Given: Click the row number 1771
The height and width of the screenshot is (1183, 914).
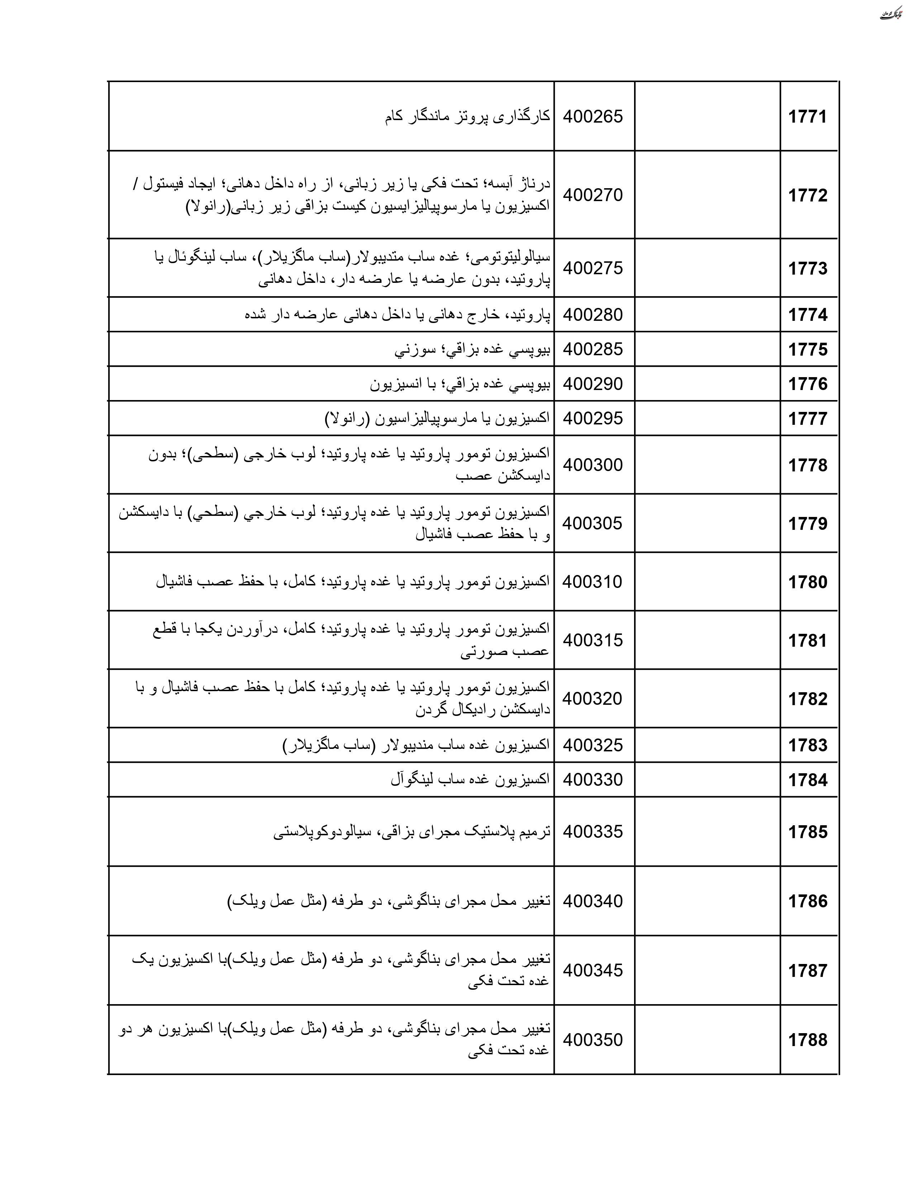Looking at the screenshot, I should coord(807,117).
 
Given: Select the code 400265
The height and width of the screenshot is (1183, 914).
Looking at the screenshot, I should coord(593,117).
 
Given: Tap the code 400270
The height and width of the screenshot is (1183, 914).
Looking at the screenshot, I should coord(593,195).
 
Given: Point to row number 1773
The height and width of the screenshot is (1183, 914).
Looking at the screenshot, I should coord(807,269).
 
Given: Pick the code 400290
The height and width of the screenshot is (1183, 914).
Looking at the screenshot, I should coord(593,384).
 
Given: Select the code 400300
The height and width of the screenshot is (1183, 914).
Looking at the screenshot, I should coord(593,465).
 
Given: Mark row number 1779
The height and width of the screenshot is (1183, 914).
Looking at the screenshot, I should coord(807,524).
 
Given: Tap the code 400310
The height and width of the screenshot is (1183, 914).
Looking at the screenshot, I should coord(592,582).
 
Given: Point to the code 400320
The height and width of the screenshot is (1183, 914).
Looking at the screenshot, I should coord(592,699).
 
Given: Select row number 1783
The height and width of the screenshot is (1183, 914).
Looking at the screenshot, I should coord(807,745).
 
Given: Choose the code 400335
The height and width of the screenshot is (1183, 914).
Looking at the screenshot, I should coord(593,831).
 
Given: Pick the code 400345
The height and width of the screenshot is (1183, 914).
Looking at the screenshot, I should coord(593,970).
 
